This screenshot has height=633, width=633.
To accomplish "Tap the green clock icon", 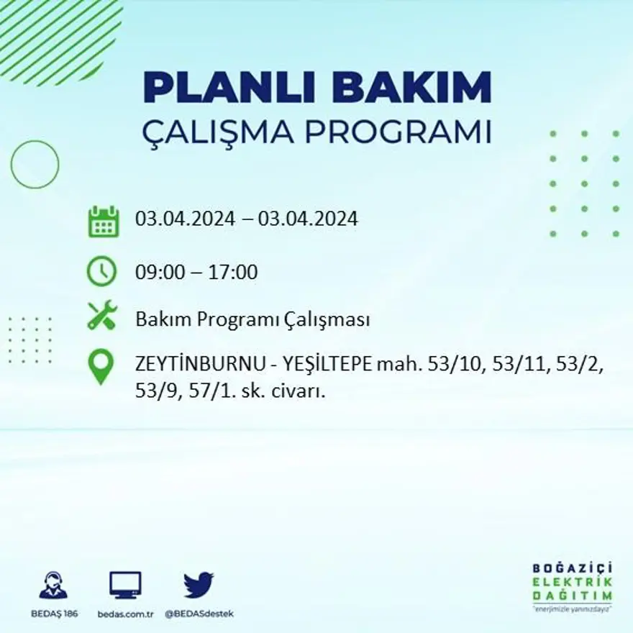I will coord(101,271).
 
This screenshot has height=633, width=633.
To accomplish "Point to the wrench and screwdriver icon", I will coord(102,315).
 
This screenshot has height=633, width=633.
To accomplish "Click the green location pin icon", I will coord(101,365).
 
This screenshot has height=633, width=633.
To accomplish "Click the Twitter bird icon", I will coord(199,585).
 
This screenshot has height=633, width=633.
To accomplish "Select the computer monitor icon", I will coord(126,585).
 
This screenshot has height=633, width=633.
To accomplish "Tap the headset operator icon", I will coord(53,586).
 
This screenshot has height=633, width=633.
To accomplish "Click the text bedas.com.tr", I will coord(127,614).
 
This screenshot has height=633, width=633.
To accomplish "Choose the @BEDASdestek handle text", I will coord(199,614).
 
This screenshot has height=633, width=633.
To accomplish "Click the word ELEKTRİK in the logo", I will coord(573,581).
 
